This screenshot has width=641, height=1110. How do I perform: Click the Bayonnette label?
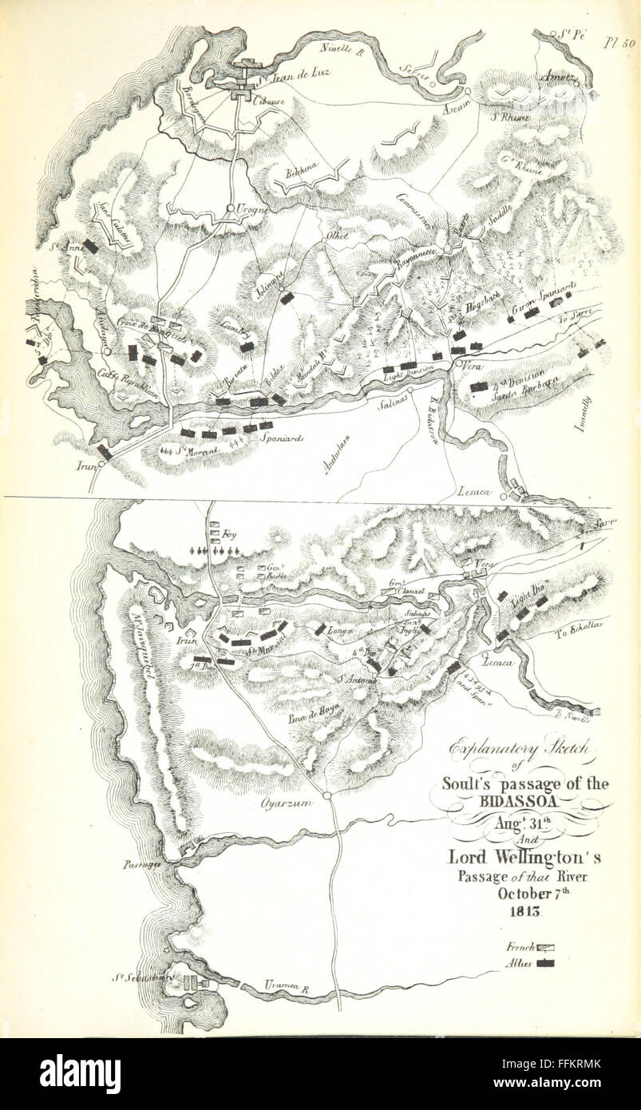414,268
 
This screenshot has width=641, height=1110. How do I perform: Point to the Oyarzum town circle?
327,796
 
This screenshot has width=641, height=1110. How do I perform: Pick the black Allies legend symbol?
547,964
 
